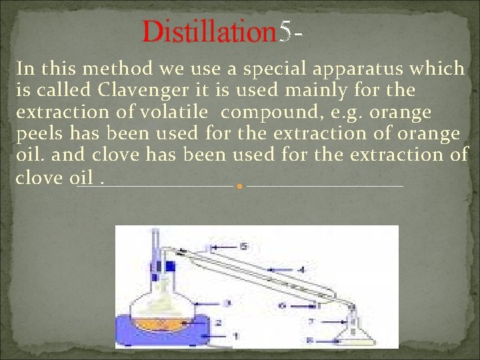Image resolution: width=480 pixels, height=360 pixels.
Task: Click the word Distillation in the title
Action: click(209, 31)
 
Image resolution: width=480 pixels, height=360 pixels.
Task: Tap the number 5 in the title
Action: click(285, 31)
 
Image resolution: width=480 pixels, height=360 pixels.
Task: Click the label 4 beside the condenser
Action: click(301, 270)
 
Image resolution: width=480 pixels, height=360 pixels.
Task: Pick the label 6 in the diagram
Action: click(283, 305)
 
